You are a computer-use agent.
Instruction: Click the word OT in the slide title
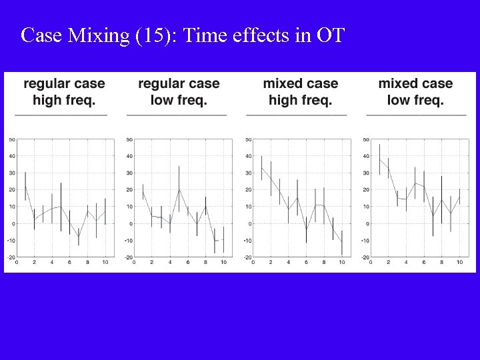coord(331,35)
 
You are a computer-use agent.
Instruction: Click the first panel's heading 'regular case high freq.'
coord(64,92)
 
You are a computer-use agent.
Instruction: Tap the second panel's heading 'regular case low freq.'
coord(179,92)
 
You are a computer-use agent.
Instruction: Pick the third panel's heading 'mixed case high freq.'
coord(300,92)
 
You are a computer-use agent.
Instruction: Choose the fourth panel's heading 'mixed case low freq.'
coord(415,92)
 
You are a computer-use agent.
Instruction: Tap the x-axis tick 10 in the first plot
coord(105,263)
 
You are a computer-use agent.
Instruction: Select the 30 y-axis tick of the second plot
coord(129,173)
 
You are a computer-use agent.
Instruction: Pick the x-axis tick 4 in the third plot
coord(288,263)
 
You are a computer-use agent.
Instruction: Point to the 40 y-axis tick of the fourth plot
coord(365,156)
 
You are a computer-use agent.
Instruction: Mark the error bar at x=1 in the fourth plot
coord(379,159)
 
